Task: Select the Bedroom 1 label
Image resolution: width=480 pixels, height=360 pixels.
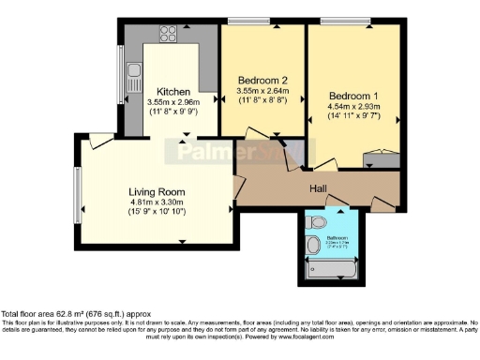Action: click(352, 96)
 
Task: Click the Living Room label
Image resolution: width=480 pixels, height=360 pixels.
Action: click(156, 191)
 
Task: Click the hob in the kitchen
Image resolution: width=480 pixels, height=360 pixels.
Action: click(169, 35)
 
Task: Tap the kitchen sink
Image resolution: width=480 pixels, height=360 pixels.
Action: click(134, 72)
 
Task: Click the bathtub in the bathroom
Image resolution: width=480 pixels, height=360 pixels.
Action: click(333, 269)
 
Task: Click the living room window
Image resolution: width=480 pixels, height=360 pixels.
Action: click(79, 190)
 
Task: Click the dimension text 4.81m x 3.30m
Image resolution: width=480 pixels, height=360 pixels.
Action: click(156, 202)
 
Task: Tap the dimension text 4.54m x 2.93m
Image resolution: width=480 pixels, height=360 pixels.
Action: click(352, 107)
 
